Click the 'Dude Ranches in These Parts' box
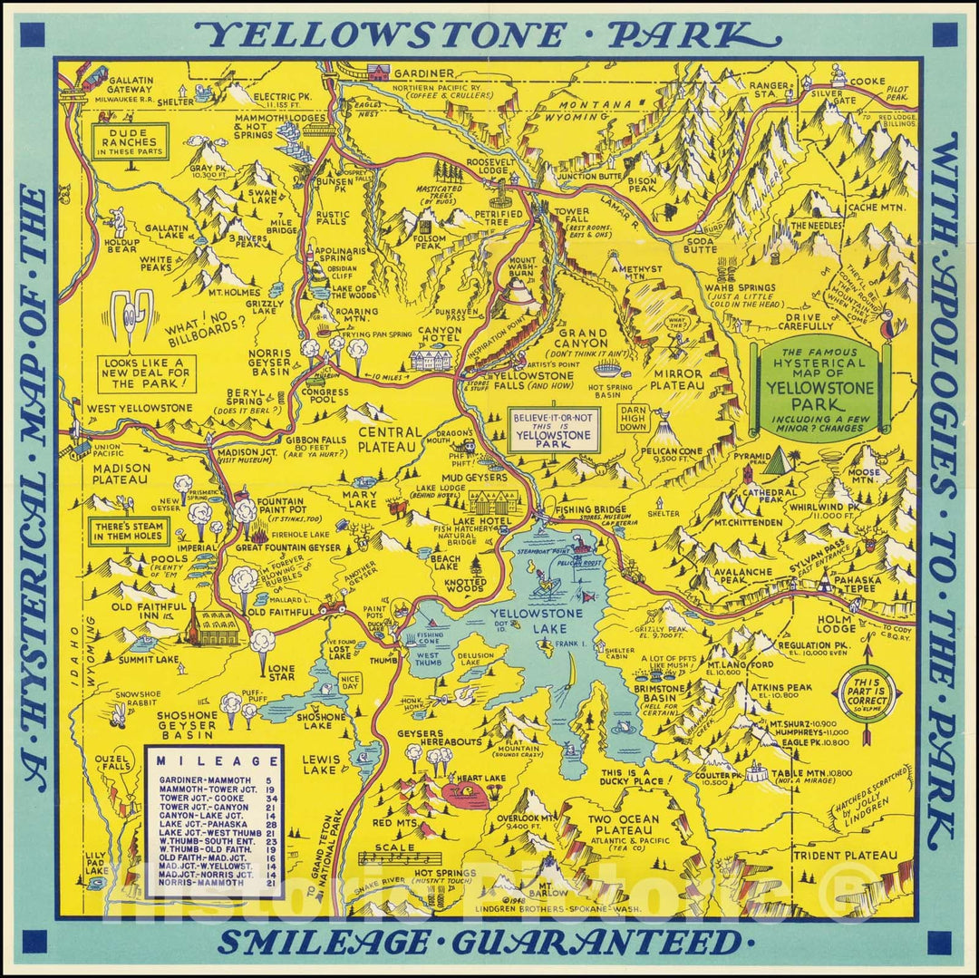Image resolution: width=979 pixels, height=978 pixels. pyautogui.click(x=131, y=142)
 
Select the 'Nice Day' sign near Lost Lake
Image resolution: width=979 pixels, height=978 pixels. pyautogui.click(x=350, y=682)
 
